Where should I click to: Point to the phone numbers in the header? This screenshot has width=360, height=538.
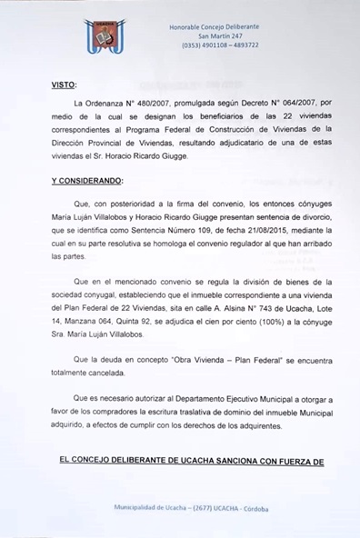[220, 45]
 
